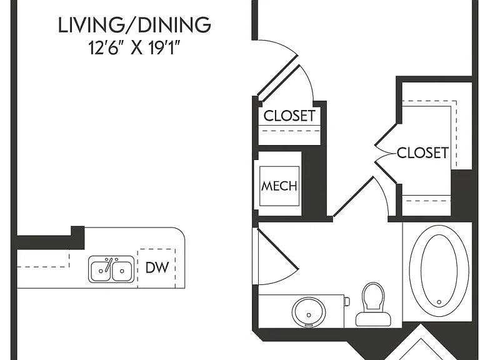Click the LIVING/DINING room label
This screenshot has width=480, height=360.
click(134, 25)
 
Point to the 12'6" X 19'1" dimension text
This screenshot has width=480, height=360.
click(134, 47)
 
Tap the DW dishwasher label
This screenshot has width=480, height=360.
click(157, 267)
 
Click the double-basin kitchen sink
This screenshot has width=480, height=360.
click(111, 269)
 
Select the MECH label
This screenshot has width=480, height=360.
click(279, 186)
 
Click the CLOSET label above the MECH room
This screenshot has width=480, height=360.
click(289, 116)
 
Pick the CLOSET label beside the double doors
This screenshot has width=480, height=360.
click(422, 152)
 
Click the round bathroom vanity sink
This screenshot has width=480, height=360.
click(309, 312)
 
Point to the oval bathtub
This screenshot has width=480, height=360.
click(439, 270)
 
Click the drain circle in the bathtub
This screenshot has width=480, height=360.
click(439, 302)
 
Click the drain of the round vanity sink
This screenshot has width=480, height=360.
click(309, 315)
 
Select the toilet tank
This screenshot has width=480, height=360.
click(373, 319)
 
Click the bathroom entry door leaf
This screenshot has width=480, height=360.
click(278, 249)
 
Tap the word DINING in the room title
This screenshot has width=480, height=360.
click(174, 25)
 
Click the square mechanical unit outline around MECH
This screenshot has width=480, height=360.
click(279, 186)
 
